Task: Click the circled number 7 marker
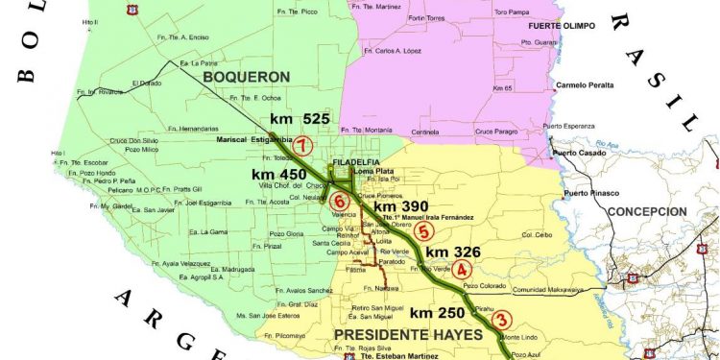(x=303, y=146)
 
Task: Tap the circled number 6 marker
(x=338, y=202)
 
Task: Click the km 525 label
(x=300, y=119)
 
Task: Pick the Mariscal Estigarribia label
(x=252, y=139)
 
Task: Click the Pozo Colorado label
(x=484, y=285)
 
